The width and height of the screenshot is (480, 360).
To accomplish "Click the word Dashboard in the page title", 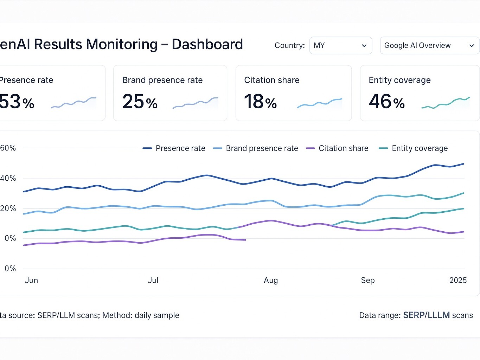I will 207,45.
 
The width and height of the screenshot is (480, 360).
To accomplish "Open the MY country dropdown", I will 340,46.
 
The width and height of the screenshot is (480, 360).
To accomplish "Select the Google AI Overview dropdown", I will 429,46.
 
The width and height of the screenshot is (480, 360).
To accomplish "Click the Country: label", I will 289,46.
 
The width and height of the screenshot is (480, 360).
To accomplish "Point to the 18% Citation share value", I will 260,102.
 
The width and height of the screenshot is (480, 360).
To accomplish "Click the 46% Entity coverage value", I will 386,102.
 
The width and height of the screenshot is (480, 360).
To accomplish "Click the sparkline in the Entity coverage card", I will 445,103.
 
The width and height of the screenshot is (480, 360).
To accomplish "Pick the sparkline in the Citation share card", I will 319,103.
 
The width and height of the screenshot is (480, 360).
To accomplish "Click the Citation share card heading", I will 271,80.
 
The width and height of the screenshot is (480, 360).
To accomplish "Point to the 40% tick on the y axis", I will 8,178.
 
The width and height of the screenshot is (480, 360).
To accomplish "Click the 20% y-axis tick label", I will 8,208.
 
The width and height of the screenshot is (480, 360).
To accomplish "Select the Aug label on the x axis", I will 271,281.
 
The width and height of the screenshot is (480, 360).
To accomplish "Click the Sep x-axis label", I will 367,281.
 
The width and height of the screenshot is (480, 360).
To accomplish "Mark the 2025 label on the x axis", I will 458,281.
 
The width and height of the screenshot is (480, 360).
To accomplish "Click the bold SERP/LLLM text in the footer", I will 426,315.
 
